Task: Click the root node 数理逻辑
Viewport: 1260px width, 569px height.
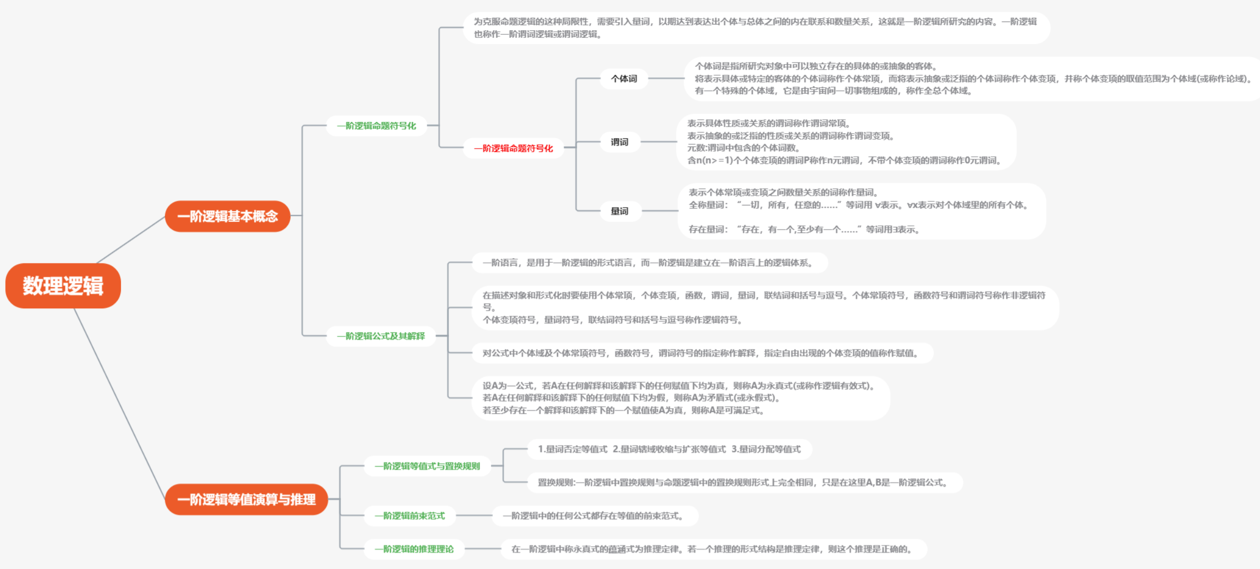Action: tap(63, 286)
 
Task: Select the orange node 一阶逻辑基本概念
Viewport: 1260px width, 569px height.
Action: tap(228, 216)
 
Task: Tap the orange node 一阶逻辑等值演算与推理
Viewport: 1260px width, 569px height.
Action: tap(246, 499)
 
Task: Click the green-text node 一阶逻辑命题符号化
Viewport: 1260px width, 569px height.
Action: tap(376, 125)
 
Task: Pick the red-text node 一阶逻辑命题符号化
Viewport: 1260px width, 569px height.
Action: tap(513, 148)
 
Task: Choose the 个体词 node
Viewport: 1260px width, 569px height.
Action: tap(624, 79)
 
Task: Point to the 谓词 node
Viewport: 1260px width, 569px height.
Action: tap(619, 142)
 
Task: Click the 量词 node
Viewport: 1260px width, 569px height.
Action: tap(619, 211)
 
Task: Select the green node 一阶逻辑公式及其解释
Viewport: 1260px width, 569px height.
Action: tap(381, 336)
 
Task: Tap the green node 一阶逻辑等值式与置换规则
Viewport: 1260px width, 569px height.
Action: tap(427, 466)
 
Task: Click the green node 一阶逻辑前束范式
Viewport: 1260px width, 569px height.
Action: tap(409, 516)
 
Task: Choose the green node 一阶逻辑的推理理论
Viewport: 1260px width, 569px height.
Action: tap(414, 549)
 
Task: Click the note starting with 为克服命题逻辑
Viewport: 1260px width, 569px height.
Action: tap(756, 28)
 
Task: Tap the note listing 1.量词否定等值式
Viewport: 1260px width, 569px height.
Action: tap(669, 449)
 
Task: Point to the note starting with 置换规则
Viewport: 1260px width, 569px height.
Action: tap(744, 482)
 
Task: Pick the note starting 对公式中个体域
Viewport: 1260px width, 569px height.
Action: tap(701, 353)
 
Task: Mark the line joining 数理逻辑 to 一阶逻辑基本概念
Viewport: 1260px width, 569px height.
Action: tap(131, 240)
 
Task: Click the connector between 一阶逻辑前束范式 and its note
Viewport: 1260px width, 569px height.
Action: tap(473, 516)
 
